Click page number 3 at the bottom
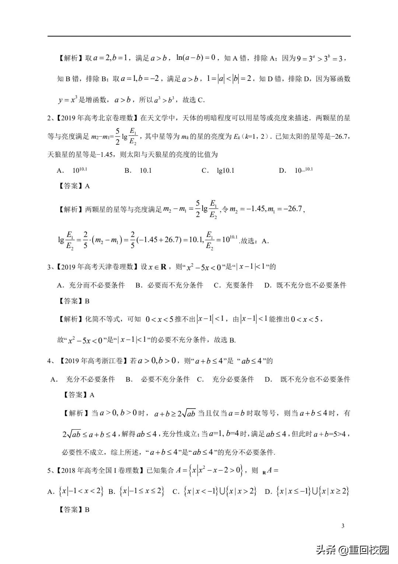click(x=343, y=526)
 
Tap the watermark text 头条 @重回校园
click(x=352, y=550)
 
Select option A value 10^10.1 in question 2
click(x=80, y=170)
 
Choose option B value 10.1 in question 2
click(x=146, y=171)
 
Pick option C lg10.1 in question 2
click(x=226, y=171)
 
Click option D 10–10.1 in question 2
click(x=304, y=170)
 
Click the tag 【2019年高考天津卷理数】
click(x=97, y=267)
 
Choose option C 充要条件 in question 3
click(x=240, y=285)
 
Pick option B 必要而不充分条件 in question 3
click(x=175, y=285)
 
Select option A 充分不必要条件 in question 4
click(x=90, y=379)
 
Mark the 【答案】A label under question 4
click(x=79, y=395)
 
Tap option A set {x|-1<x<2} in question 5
click(x=81, y=491)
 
